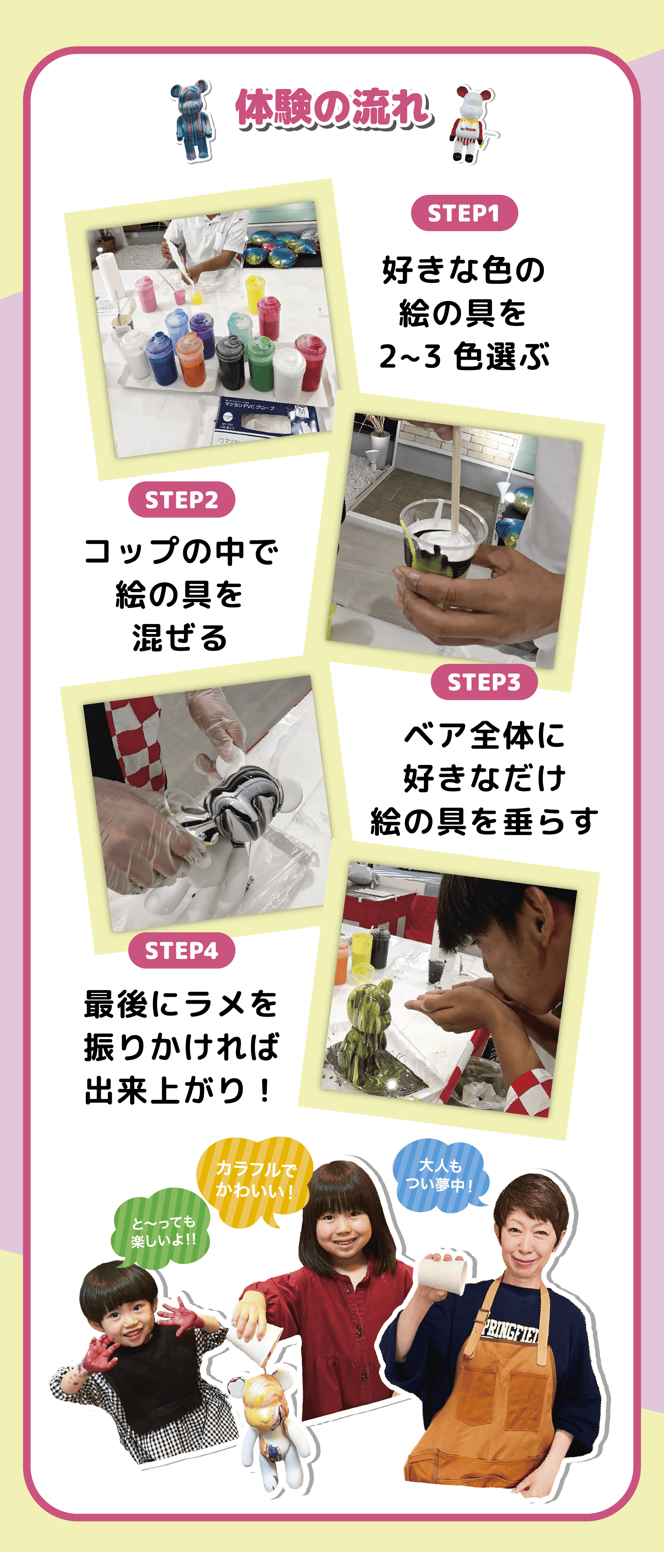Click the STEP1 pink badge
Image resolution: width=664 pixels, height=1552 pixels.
[464, 213]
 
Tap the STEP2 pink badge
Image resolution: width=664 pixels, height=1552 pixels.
[181, 500]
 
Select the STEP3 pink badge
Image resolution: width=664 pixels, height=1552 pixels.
[484, 682]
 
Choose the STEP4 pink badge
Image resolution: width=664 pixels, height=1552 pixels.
[181, 950]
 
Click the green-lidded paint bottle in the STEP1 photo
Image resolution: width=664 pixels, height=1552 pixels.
[261, 363]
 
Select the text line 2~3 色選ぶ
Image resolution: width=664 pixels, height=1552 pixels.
[464, 356]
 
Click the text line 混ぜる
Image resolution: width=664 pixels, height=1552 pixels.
[180, 637]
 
